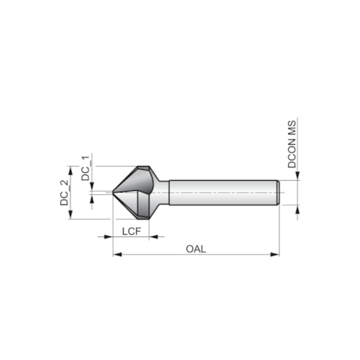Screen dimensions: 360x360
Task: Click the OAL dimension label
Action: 196,248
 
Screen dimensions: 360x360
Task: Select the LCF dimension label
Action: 131,231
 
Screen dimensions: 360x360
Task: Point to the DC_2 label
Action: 65,192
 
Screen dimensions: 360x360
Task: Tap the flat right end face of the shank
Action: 279,192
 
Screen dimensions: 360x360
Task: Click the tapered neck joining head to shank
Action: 162,192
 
